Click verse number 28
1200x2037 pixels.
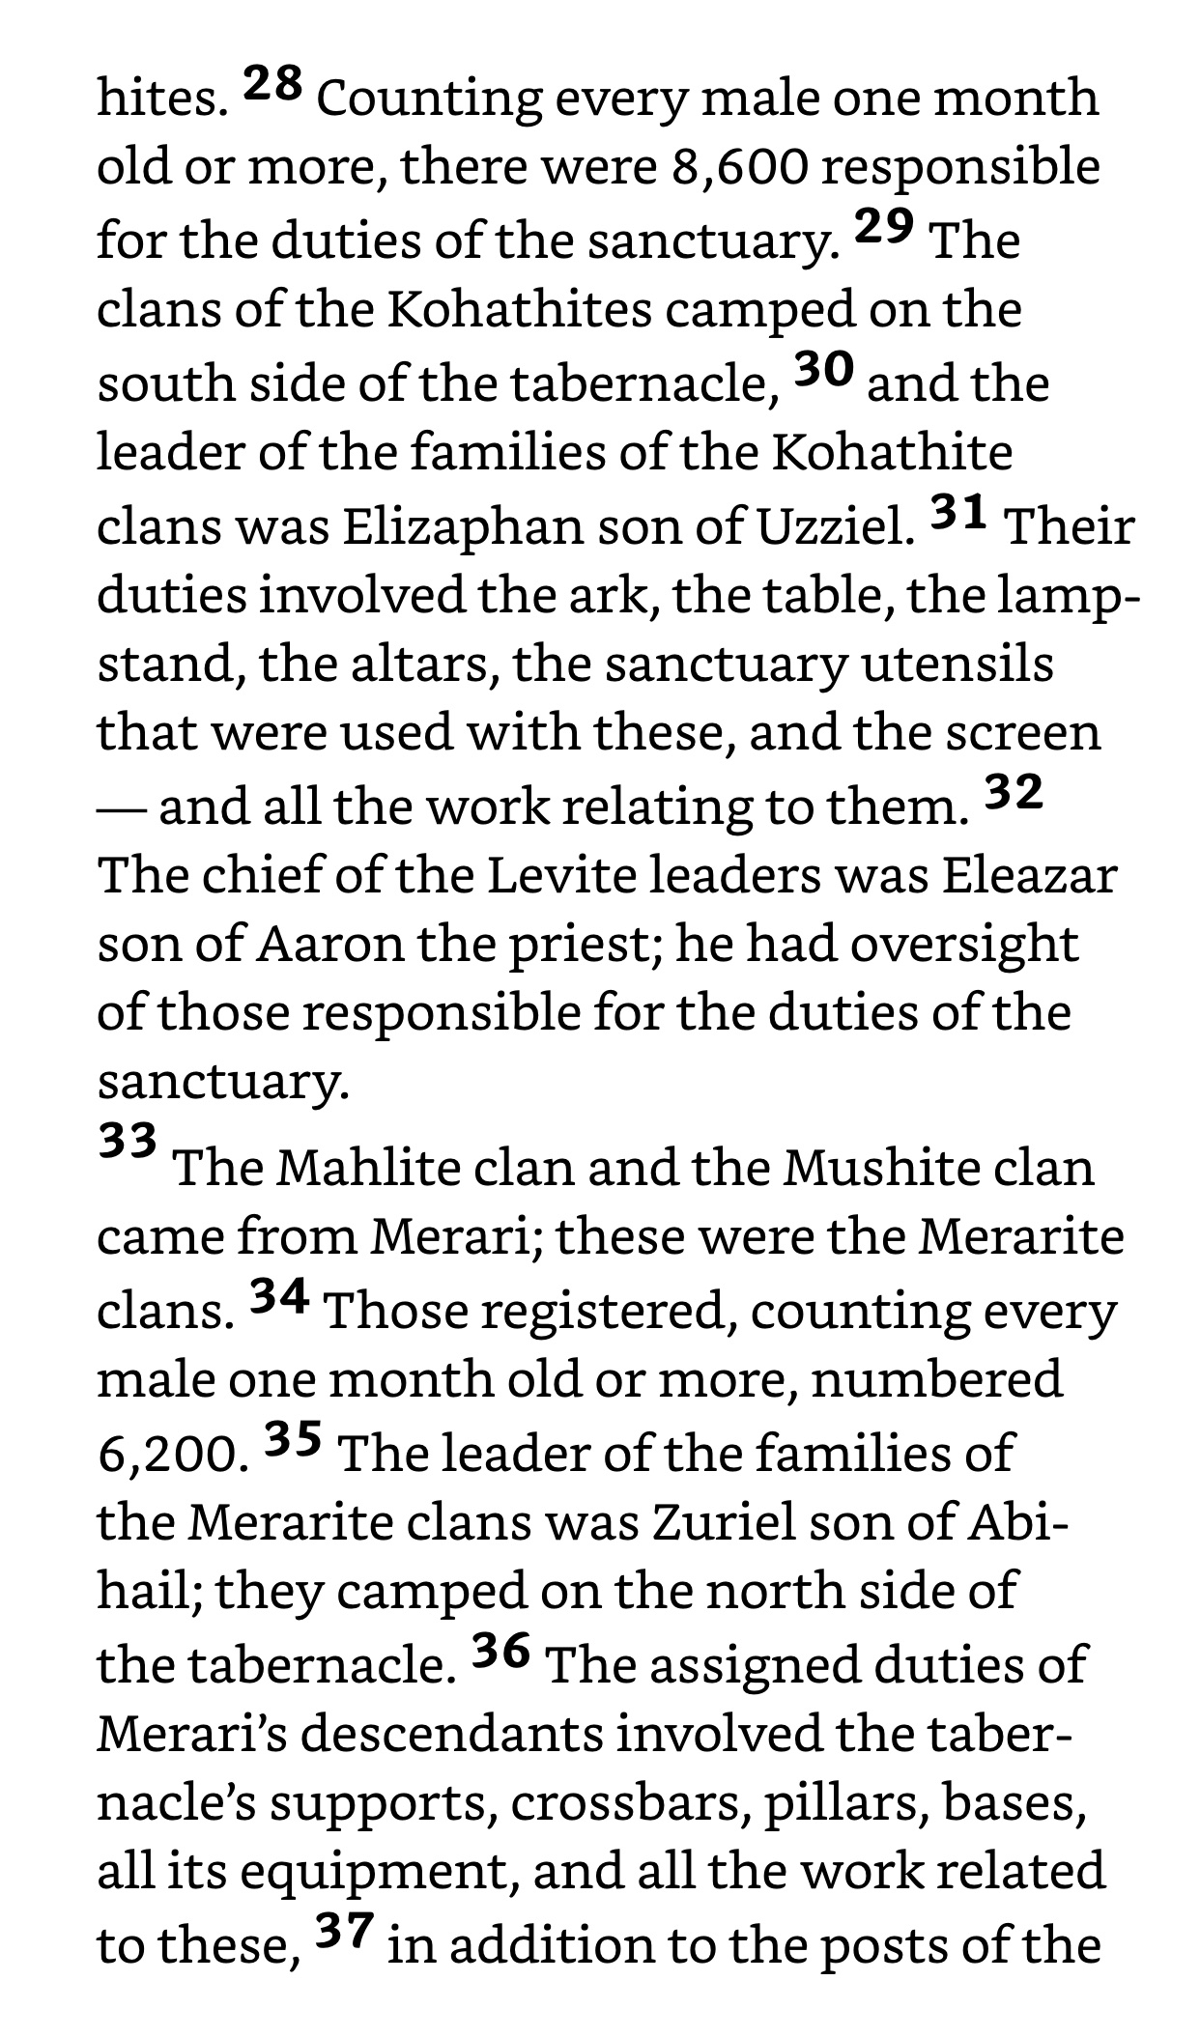click(x=272, y=85)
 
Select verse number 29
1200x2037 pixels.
click(x=884, y=227)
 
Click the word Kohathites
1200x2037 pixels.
click(x=520, y=311)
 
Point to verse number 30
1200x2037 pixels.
click(x=824, y=370)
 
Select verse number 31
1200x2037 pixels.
click(x=958, y=512)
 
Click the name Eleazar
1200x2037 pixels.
click(x=1030, y=876)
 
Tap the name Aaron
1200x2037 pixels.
click(x=329, y=945)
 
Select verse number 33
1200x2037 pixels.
click(x=128, y=1142)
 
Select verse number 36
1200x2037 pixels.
click(x=501, y=1651)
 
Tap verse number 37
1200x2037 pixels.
click(x=344, y=1931)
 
